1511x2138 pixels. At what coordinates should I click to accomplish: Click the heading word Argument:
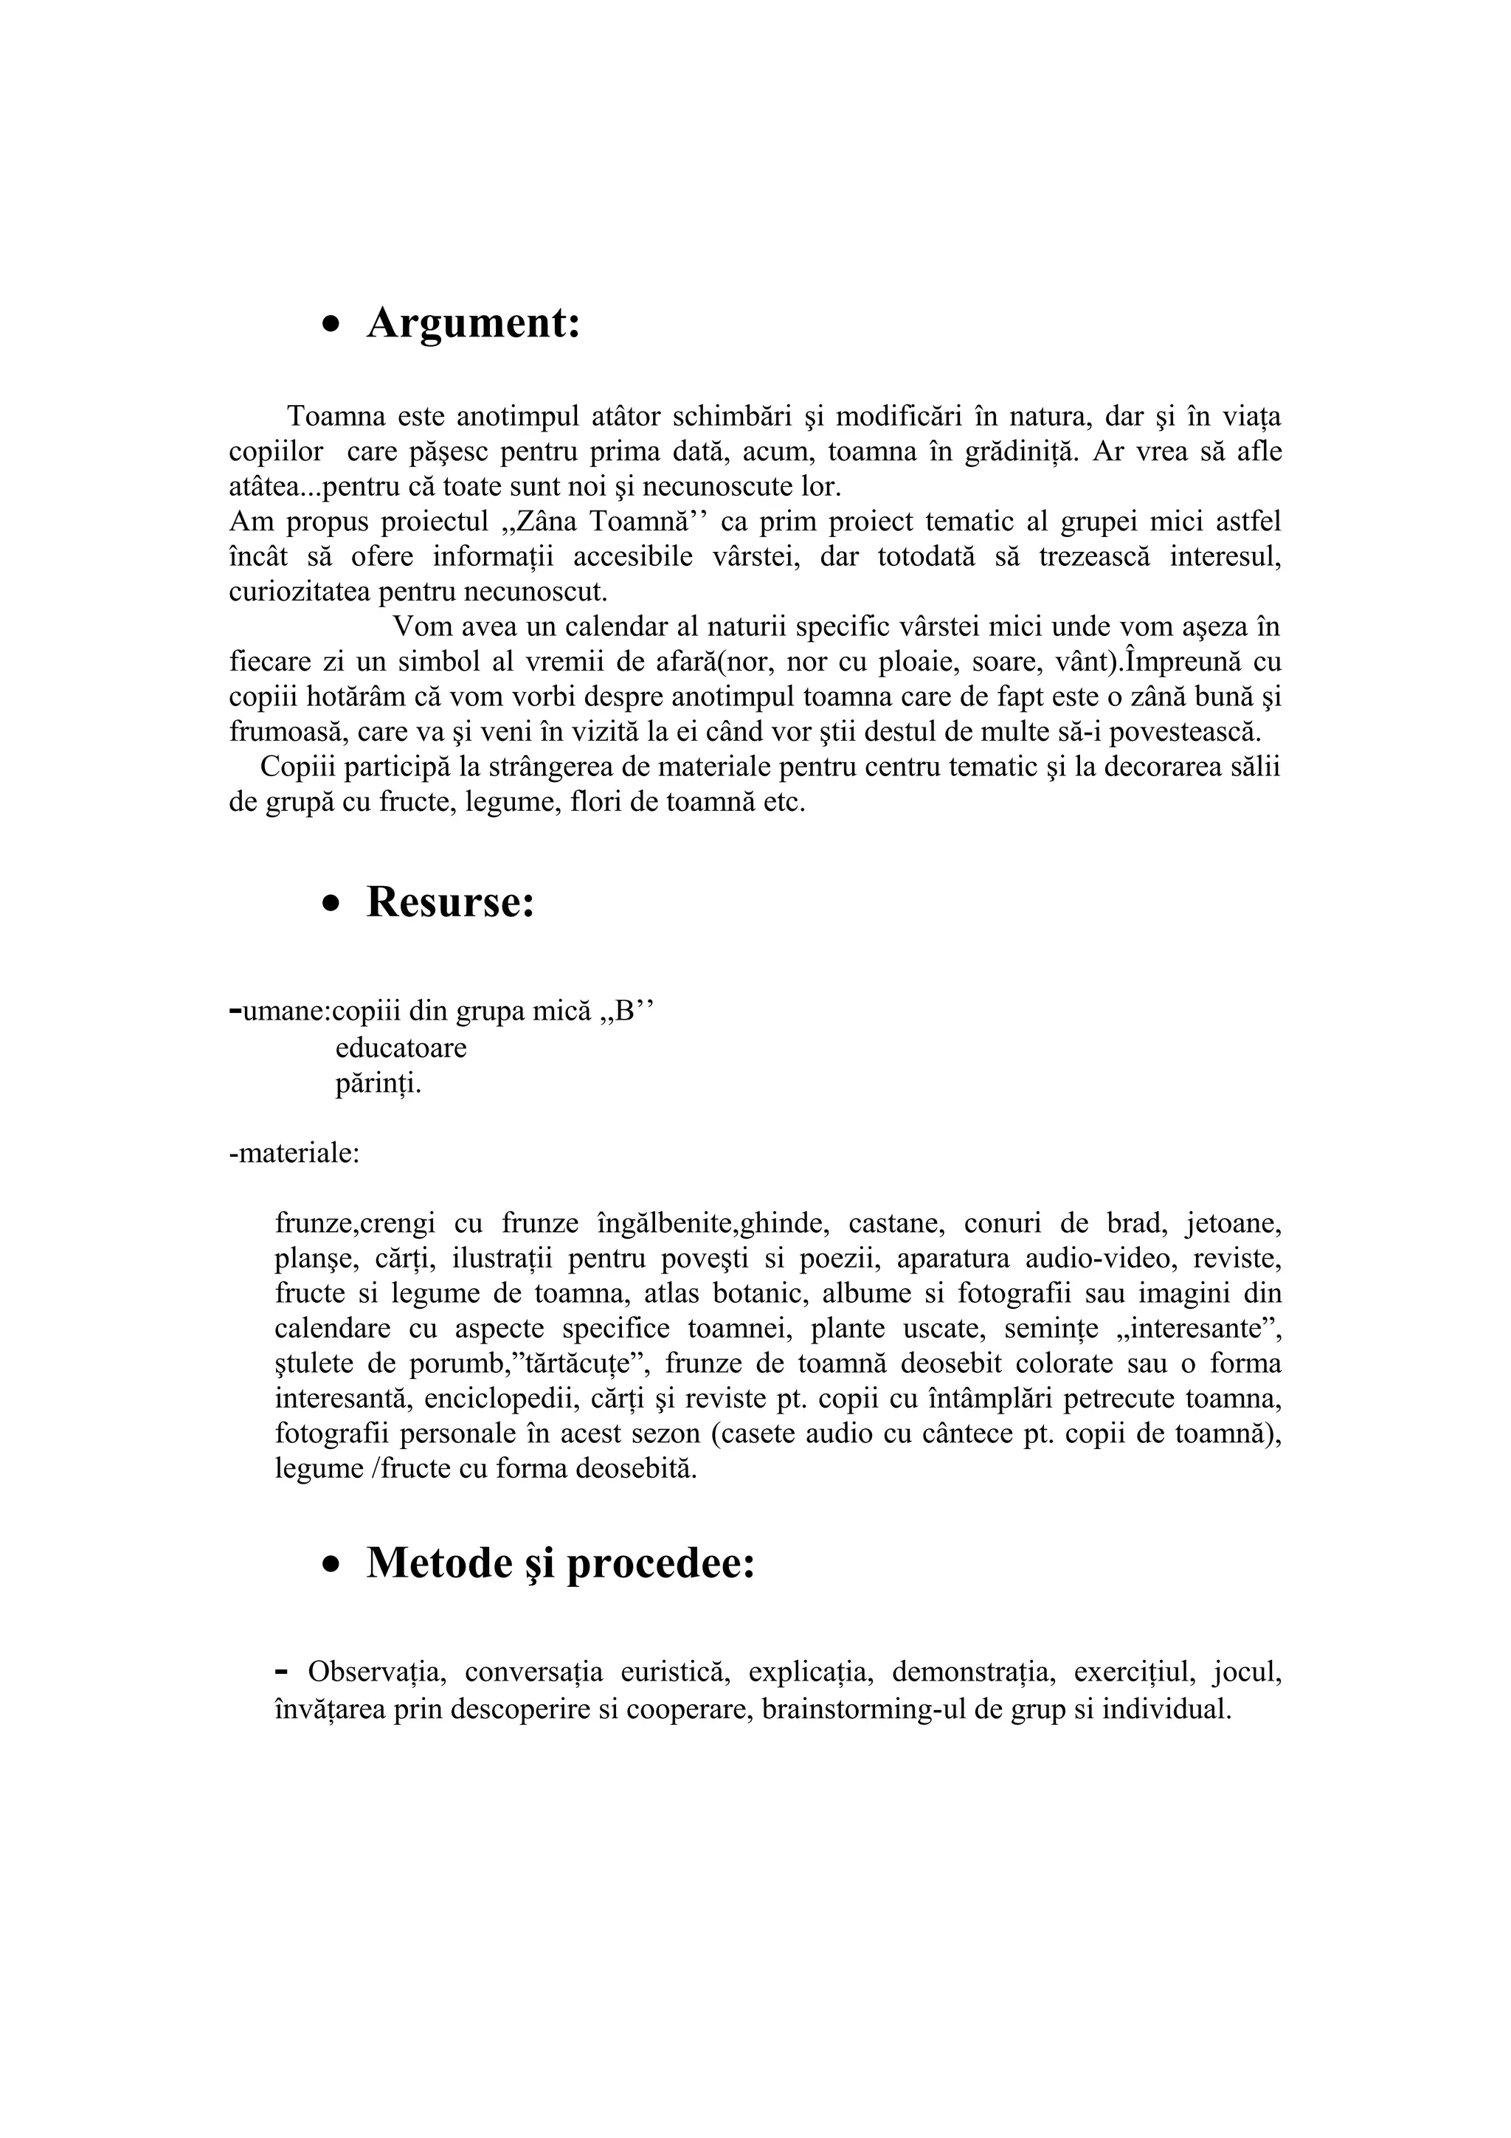click(x=473, y=323)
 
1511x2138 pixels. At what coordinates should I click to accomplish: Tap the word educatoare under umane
click(x=401, y=1048)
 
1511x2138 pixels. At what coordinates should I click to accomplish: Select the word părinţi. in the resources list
click(x=378, y=1084)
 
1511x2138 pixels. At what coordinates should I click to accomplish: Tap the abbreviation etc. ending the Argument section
click(x=784, y=802)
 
